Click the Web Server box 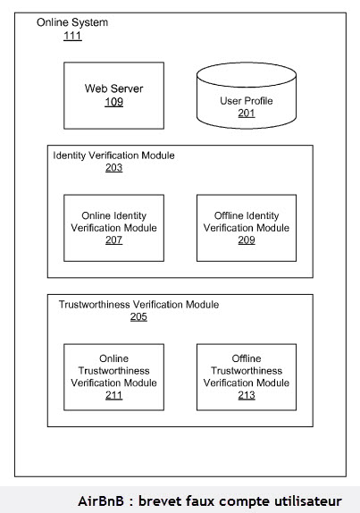click(x=113, y=96)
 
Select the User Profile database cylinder click(x=247, y=96)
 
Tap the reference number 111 click(x=72, y=36)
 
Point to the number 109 click(x=113, y=102)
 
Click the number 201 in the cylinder click(x=247, y=114)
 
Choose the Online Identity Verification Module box click(x=113, y=228)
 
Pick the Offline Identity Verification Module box click(x=247, y=228)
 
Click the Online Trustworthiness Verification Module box click(x=113, y=377)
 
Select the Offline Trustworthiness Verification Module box click(x=247, y=377)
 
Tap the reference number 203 click(x=113, y=167)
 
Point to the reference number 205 click(x=138, y=316)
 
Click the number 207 click(x=113, y=240)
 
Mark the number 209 click(x=247, y=240)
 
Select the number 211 click(x=113, y=396)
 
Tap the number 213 click(x=247, y=396)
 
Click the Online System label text click(x=72, y=22)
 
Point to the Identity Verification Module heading click(x=113, y=156)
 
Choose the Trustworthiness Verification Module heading click(x=138, y=305)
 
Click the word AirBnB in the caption click(x=101, y=500)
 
